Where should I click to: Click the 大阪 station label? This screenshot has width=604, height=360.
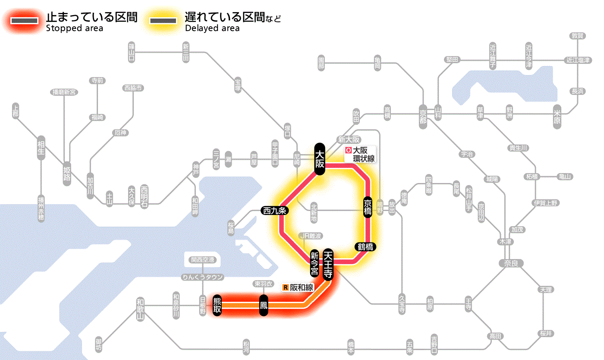[x=319, y=159]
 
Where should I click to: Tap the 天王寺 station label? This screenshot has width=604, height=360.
[x=328, y=265]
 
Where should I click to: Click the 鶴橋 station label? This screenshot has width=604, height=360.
[x=366, y=247]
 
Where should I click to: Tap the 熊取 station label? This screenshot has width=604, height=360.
[x=217, y=305]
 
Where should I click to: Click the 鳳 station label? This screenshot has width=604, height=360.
[x=263, y=306]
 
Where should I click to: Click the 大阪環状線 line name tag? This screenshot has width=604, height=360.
[x=360, y=155]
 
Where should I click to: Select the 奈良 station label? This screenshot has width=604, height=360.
[x=511, y=262]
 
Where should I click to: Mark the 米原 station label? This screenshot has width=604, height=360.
[x=557, y=117]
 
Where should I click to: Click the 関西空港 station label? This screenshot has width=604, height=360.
[x=203, y=260]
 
